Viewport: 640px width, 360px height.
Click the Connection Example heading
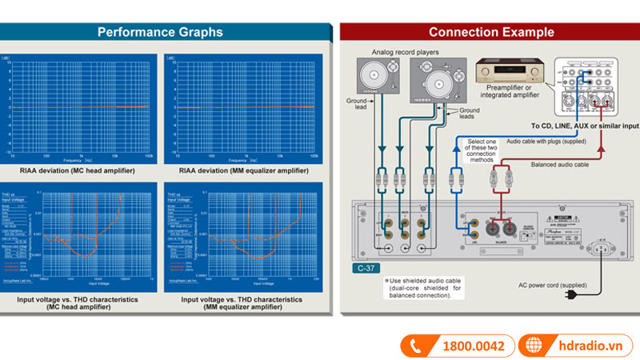tap(490, 32)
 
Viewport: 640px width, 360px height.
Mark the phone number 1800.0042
tap(474, 346)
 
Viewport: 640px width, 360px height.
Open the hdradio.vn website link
tap(589, 346)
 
